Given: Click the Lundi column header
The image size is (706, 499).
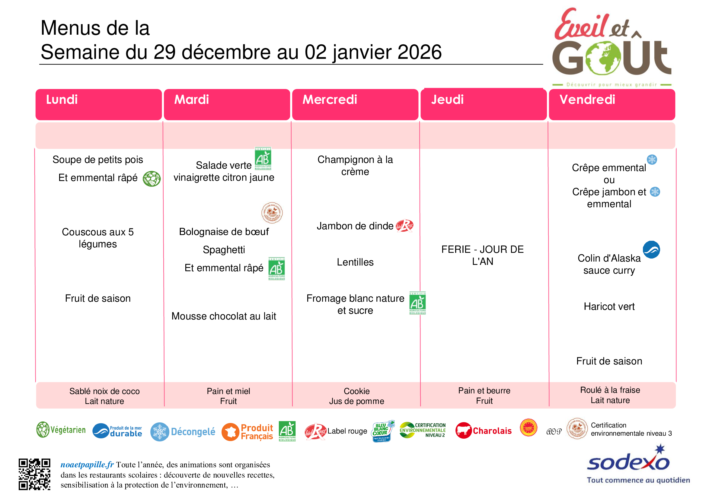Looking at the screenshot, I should (62, 100).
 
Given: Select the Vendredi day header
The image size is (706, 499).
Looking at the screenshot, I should (587, 100).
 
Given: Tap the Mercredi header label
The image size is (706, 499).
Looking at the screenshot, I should (330, 100).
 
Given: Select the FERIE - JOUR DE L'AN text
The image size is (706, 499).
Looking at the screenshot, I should (482, 255).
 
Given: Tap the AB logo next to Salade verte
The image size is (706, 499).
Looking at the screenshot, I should (263, 159).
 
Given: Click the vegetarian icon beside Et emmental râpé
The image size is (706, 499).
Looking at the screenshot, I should (152, 179).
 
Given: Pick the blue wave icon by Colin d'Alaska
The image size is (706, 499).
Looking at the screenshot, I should (651, 249).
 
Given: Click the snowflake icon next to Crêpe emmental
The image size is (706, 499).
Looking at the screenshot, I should (652, 160).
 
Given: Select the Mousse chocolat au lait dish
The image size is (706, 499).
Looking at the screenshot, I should (224, 316).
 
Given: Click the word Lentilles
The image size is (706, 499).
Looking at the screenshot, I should (355, 262).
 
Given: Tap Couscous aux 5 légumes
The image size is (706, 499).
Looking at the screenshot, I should (98, 238).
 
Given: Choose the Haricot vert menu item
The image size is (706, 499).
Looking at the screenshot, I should (609, 307).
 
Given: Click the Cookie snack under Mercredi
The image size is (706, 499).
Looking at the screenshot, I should (357, 391).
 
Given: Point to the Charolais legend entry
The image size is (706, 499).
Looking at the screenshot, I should (492, 431).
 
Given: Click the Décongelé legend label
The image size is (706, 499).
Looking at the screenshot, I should (193, 432).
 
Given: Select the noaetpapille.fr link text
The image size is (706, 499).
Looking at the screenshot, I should (87, 465).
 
